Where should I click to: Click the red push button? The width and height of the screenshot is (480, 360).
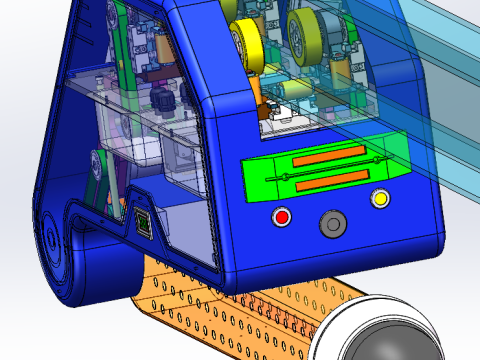click(x=282, y=217)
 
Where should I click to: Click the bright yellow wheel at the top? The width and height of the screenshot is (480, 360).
click(x=247, y=41)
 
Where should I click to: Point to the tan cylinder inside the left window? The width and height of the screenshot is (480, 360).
click(x=161, y=51)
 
